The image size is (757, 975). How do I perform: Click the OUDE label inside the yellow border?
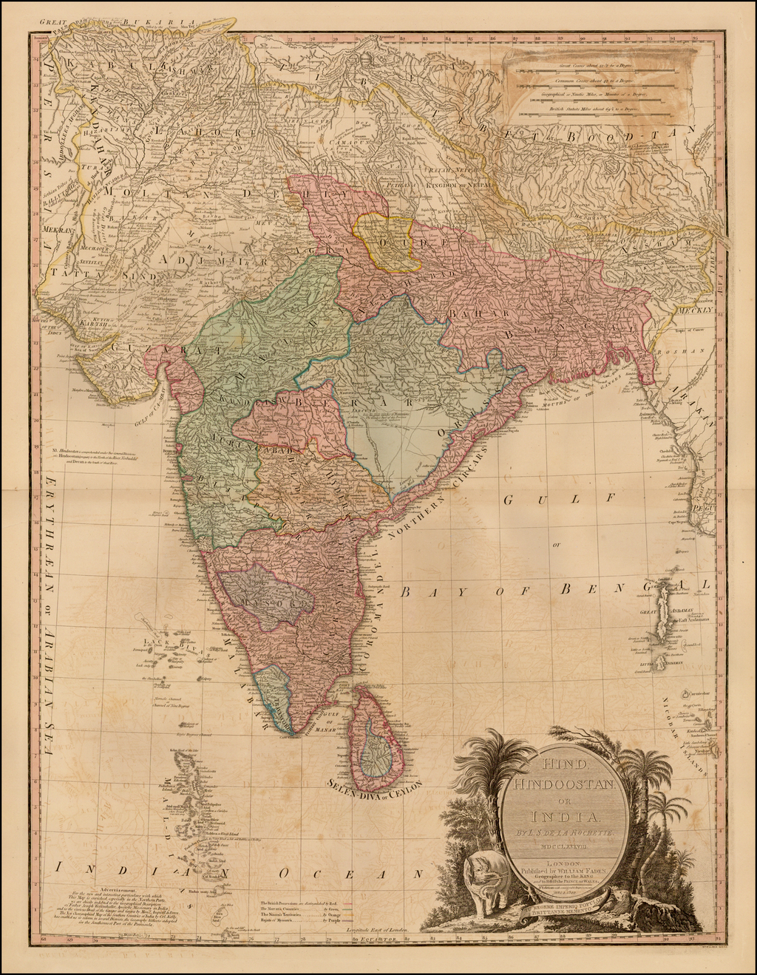point(391,243)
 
